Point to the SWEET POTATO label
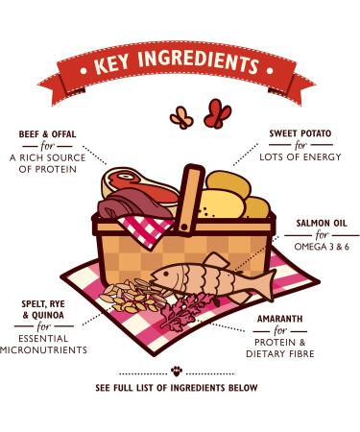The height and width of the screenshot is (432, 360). (300, 132)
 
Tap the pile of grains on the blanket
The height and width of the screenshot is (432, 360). (128, 296)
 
